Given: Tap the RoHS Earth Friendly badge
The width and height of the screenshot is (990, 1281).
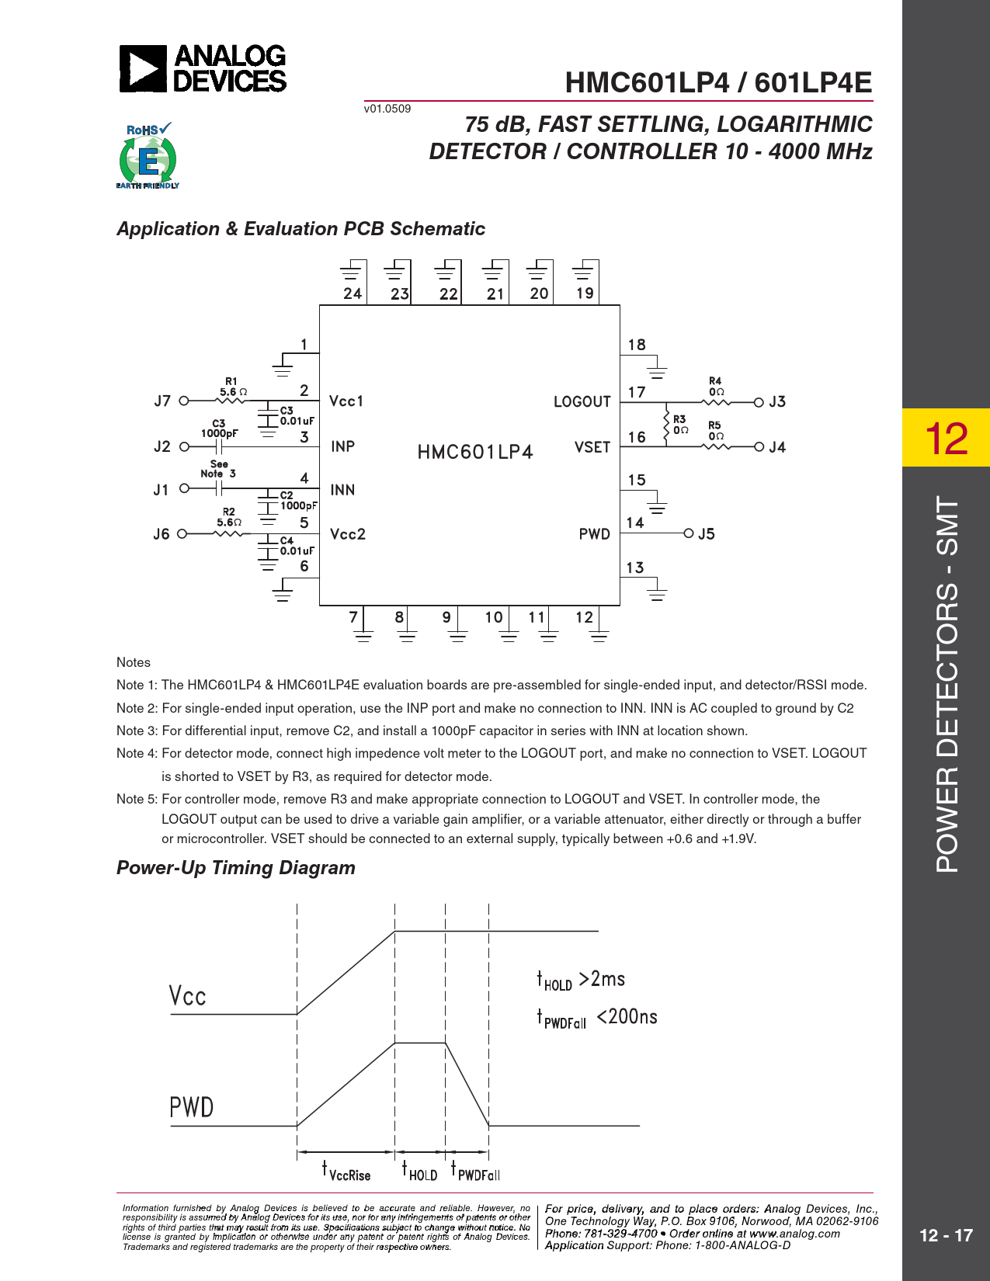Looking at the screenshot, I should click(148, 156).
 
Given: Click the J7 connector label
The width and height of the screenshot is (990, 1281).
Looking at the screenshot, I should click(162, 401).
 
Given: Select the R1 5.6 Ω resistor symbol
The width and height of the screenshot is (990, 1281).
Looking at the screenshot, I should click(231, 401).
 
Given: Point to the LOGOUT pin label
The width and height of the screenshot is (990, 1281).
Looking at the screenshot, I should click(582, 401).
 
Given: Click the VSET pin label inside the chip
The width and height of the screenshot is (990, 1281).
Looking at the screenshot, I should click(592, 447).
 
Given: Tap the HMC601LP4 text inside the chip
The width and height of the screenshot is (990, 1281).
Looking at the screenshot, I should click(474, 453).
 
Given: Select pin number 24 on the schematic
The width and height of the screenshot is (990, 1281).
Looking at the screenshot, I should click(353, 293).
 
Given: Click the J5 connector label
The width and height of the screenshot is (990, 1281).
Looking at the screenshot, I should click(706, 534).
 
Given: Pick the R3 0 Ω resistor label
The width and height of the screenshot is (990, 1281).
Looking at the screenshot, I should click(679, 425).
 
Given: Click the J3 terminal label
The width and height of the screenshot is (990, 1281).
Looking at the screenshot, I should click(776, 401).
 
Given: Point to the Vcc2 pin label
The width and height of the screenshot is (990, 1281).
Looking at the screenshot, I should click(347, 534).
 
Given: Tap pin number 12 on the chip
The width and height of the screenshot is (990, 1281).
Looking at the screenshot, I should click(584, 617).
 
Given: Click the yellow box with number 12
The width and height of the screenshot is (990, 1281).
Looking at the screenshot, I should click(946, 438).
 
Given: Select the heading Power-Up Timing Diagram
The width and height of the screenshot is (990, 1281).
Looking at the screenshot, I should click(236, 868).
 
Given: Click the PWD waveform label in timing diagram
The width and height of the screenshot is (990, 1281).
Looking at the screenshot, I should click(191, 1107).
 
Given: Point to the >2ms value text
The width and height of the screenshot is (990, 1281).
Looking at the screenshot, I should click(602, 979).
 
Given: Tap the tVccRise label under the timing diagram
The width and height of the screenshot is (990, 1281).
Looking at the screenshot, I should click(346, 1172).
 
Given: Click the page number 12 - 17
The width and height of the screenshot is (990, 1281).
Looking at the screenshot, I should click(945, 1235).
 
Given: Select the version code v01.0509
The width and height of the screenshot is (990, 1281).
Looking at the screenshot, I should click(387, 109).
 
